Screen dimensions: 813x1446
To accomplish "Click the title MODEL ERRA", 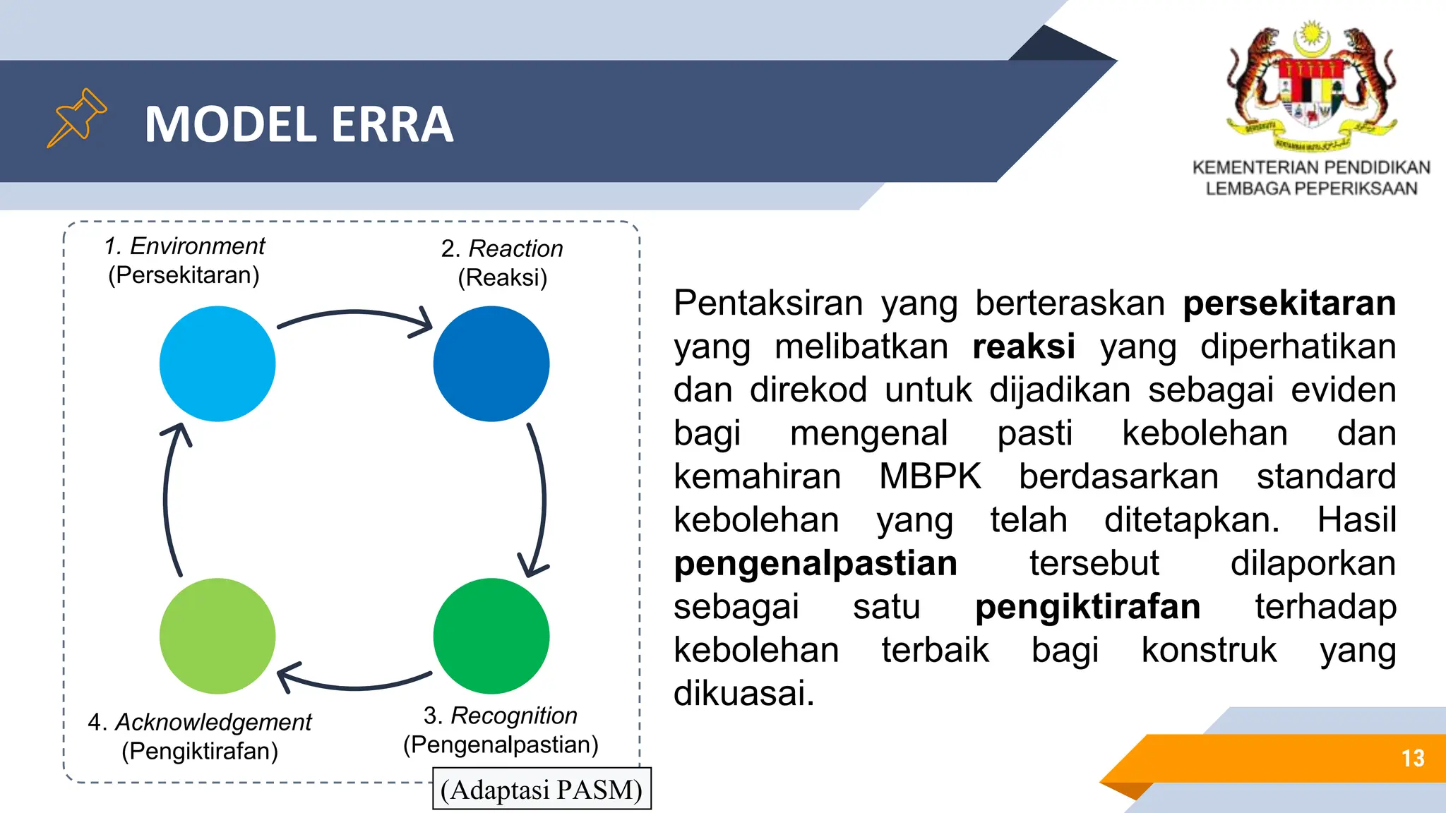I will pos(299,124).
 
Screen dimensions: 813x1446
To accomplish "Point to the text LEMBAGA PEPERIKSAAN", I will pos(1311,188).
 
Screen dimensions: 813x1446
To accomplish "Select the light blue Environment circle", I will pos(217,363).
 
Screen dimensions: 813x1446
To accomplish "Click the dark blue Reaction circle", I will pos(491,363).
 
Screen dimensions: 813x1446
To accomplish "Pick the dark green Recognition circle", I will pos(491,635).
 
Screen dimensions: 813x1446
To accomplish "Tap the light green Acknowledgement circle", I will pos(217,635).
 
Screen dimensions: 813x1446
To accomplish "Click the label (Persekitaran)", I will pos(184,275).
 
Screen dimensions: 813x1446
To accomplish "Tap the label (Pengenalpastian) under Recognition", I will pos(501,745).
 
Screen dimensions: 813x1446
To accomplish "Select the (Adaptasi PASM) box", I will pos(542,789).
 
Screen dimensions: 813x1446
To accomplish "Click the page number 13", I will pos(1413,758).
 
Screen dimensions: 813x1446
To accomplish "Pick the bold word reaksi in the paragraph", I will pos(1023,347).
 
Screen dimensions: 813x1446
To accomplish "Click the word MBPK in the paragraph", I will pos(929,476).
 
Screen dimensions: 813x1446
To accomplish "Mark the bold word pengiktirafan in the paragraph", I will pos(1087,607).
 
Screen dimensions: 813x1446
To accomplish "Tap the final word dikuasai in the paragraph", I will pos(743,693).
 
